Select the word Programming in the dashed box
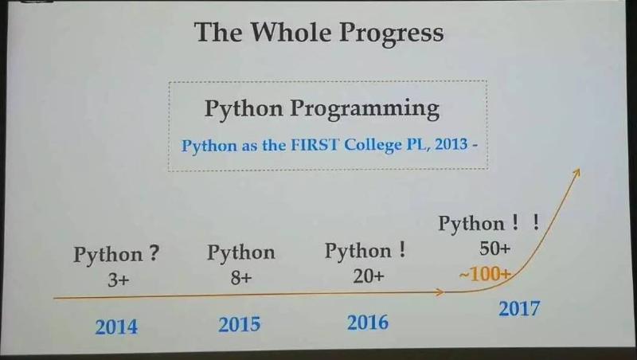coord(365,110)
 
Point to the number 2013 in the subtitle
coord(451,144)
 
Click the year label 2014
coord(116,327)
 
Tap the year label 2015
coord(240,324)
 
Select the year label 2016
coord(368,323)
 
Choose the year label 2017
coord(519,308)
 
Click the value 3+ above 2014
coord(118,280)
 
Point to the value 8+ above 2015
coord(241,278)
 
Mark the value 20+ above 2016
coord(369,276)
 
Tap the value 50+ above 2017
coord(494,248)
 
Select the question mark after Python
coord(153,253)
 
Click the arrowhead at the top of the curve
coord(576,172)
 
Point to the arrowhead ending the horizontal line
coord(440,292)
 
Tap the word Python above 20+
coord(358,252)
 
